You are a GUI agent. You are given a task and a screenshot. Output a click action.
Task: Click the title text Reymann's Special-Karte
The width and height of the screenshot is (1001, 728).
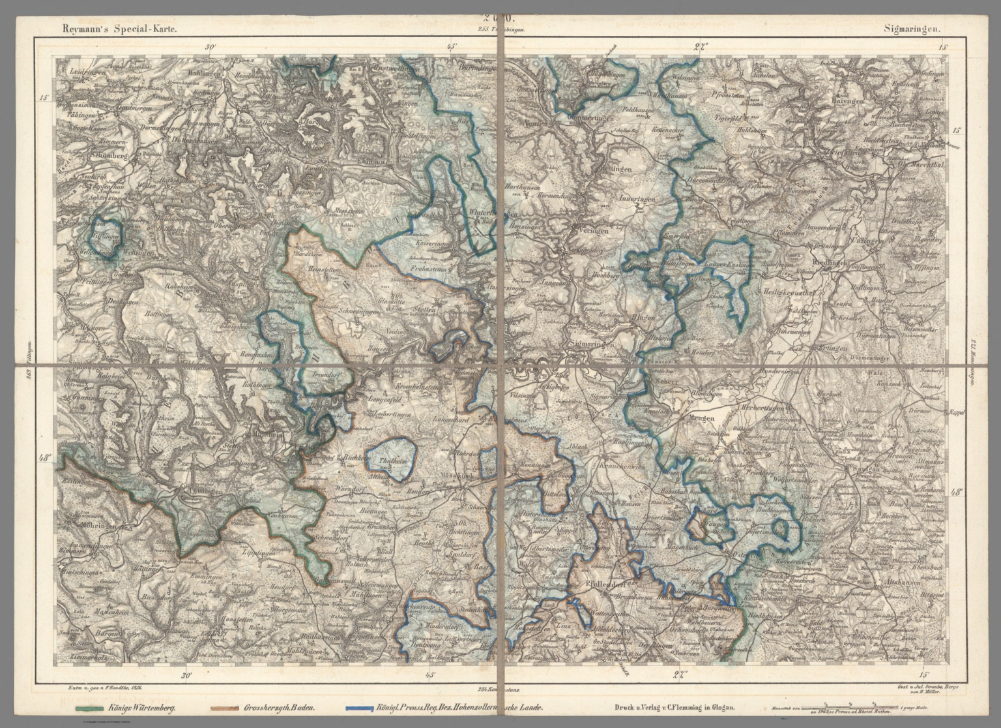(117, 29)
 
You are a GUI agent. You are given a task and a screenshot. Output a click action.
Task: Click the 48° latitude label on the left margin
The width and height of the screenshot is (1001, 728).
(45, 458)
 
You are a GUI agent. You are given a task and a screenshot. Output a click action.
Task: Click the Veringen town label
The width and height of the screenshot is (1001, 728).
(592, 230)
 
